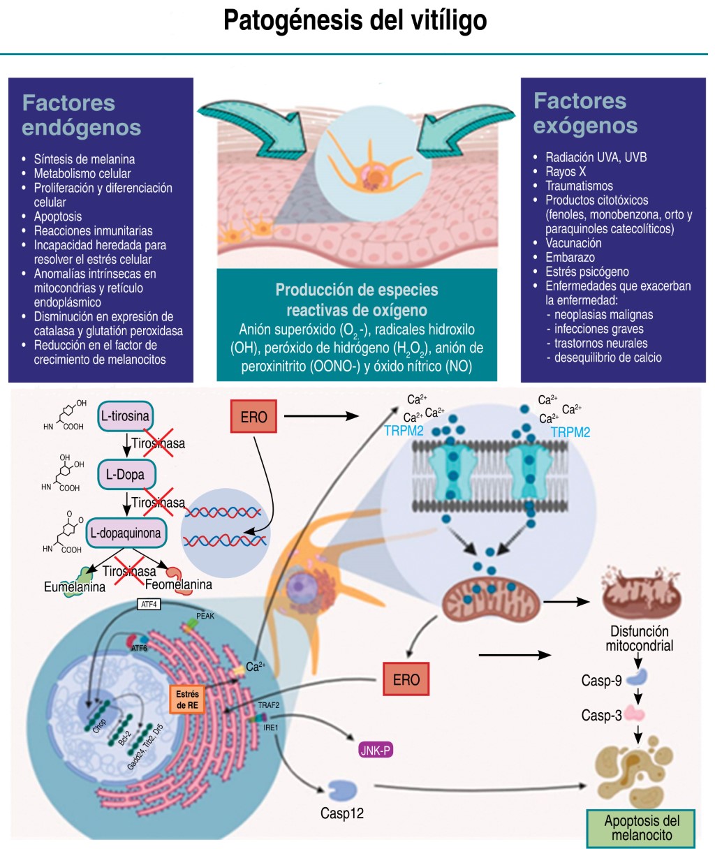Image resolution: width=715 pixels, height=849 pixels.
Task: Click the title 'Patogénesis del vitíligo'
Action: tap(355, 20)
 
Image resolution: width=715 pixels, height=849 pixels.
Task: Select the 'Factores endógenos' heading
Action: tap(81, 115)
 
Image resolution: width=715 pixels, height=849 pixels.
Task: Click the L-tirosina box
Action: tap(125, 416)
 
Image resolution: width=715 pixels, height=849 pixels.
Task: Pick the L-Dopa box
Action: tap(126, 475)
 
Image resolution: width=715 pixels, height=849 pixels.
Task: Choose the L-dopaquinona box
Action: tap(126, 533)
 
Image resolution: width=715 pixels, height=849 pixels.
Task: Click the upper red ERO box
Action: tap(253, 417)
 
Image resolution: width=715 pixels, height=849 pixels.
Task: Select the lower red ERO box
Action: tap(406, 679)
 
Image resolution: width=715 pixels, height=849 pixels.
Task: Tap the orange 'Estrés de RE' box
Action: tap(187, 700)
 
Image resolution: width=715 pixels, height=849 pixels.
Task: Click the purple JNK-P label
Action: tap(376, 751)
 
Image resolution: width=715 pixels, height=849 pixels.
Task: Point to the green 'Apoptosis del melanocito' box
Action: tap(642, 828)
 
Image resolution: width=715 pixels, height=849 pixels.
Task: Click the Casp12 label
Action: tap(342, 813)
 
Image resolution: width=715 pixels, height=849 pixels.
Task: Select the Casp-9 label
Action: tap(601, 681)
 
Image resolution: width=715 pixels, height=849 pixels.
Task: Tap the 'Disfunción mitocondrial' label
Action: tap(639, 638)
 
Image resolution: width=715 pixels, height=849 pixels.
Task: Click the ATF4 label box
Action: tap(149, 604)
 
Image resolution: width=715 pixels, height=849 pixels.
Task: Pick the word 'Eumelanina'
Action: tap(75, 588)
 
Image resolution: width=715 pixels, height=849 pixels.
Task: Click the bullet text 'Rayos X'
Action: tap(566, 172)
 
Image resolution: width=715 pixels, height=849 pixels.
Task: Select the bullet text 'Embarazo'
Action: tap(570, 258)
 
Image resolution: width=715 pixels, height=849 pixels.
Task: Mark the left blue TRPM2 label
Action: tap(404, 431)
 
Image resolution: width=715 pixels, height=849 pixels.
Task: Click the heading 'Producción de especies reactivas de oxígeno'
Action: tap(357, 300)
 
